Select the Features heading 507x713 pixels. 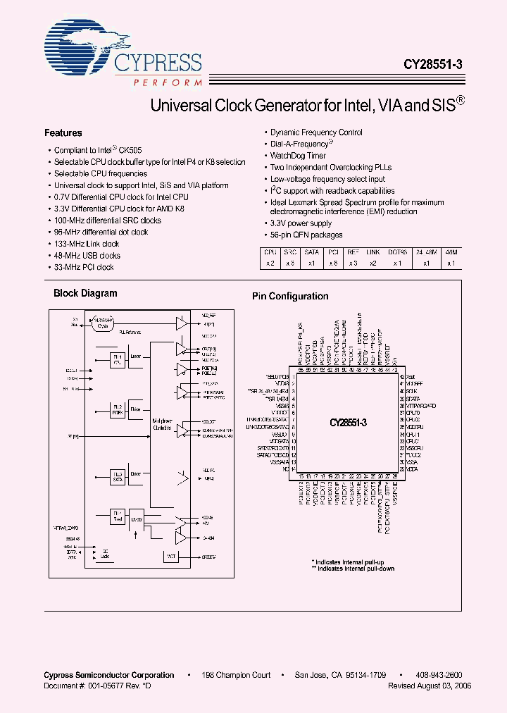coord(63,133)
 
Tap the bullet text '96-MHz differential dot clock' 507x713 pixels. coord(101,232)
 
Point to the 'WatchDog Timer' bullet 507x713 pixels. coord(298,156)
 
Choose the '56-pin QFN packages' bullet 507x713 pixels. coord(306,235)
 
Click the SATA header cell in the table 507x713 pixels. coord(312,252)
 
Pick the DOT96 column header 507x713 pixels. coord(398,252)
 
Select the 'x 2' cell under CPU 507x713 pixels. coord(270,263)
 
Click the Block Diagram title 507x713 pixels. coord(86,293)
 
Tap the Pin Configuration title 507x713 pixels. coord(290,297)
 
